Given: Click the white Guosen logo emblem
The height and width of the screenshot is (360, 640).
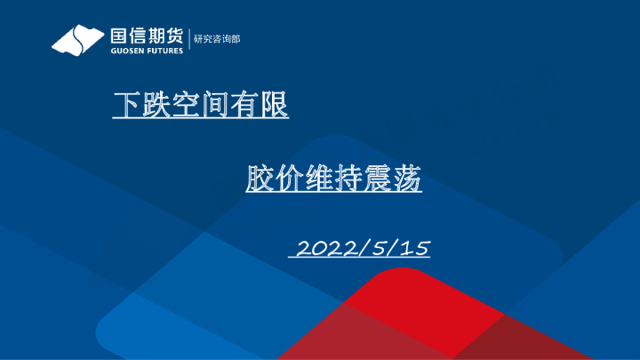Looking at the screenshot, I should click(x=78, y=41).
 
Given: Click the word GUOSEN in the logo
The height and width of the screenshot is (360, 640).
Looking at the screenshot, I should click(x=124, y=51).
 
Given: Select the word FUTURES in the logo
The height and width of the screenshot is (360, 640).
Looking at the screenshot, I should click(x=164, y=51).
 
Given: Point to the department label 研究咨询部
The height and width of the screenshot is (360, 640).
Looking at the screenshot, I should click(x=217, y=39).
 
